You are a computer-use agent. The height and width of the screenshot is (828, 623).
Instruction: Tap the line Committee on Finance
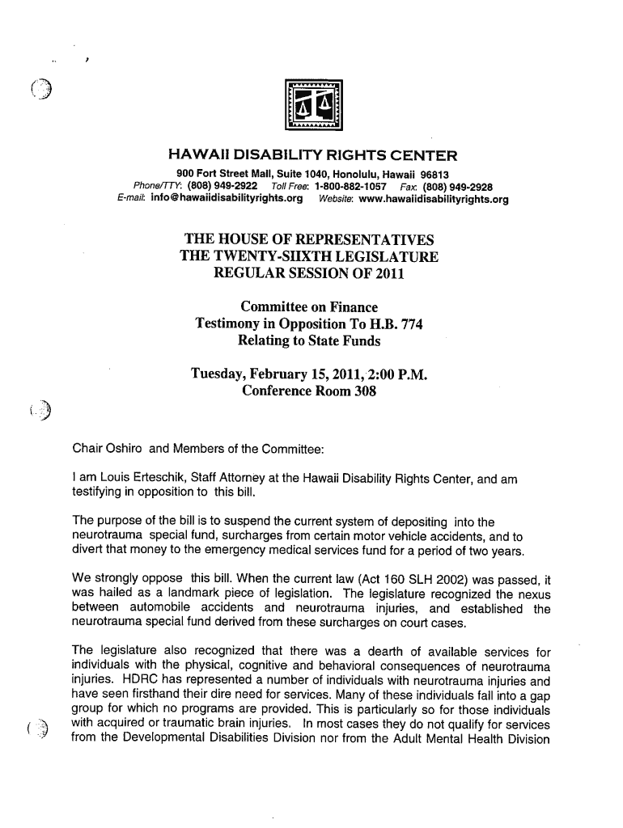(309, 307)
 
